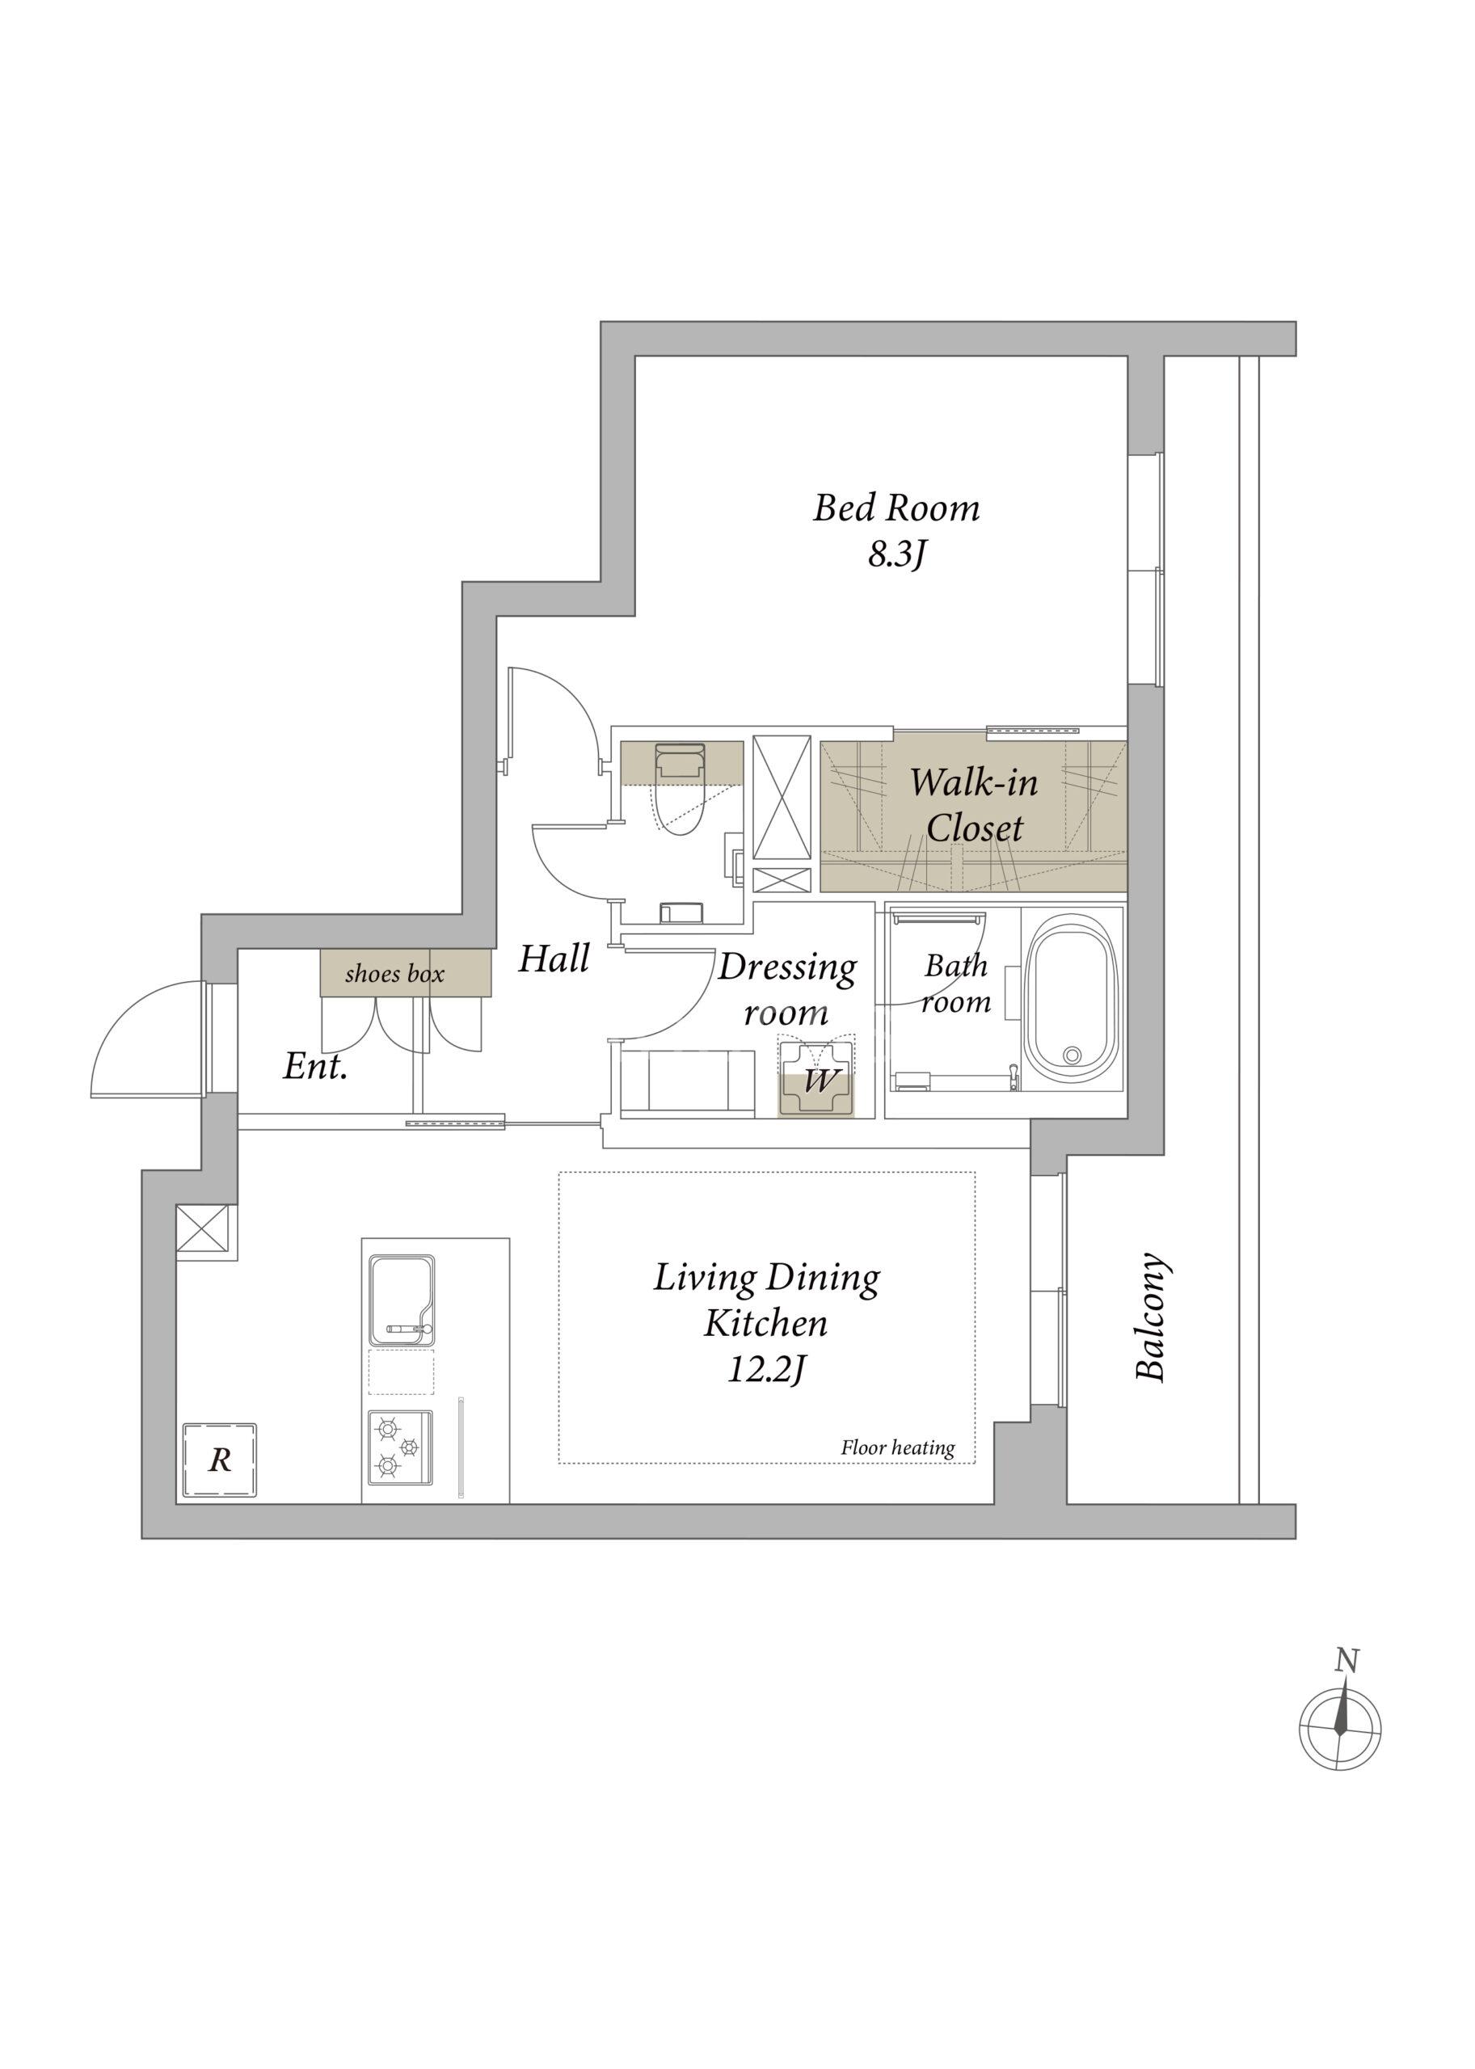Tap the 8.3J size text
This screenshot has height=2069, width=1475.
tap(896, 556)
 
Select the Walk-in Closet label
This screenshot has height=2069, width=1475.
tap(974, 804)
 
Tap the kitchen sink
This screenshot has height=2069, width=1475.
tap(402, 1300)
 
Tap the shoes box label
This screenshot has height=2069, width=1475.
tap(395, 975)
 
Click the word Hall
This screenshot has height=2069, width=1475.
tap(554, 959)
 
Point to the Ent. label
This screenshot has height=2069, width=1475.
tap(315, 1066)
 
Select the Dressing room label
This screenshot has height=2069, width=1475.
tap(786, 989)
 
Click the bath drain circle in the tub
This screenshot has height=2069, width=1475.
tap(1073, 1055)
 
